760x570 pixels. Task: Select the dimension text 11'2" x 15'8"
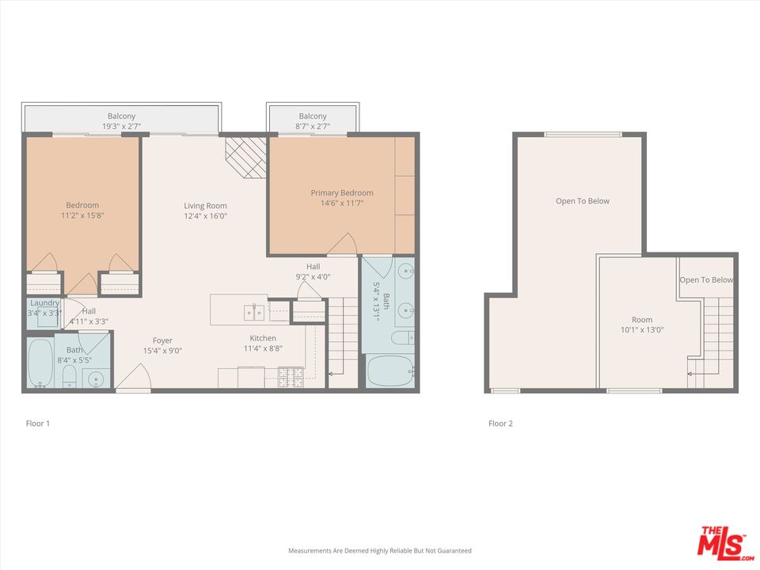point(82,215)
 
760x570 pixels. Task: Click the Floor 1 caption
point(38,424)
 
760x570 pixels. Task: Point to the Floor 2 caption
point(500,424)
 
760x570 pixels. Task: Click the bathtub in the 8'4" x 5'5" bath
point(40,363)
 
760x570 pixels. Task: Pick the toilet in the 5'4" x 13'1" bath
point(401,339)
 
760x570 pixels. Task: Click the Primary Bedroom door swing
point(342,246)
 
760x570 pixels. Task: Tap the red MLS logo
point(722,542)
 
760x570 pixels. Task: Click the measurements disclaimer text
point(379,550)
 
